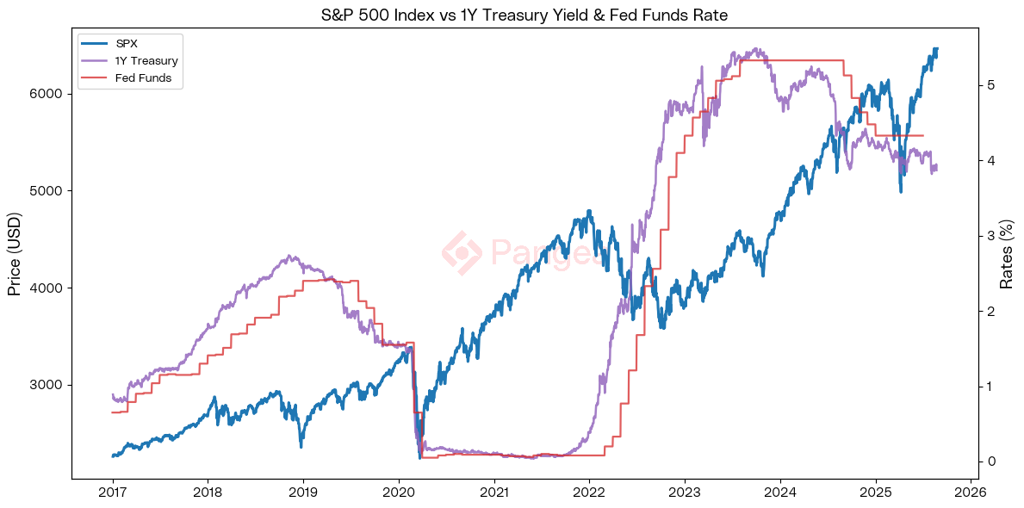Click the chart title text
(512, 15)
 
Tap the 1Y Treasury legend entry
(146, 61)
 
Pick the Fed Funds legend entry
(143, 78)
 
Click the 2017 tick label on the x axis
(112, 493)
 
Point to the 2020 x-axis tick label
(398, 493)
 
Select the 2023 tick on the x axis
(684, 493)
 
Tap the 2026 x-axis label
(970, 493)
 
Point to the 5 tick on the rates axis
(992, 85)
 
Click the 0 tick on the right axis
(992, 462)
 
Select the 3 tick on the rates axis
(992, 236)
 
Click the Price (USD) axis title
(14, 255)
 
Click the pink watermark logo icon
(462, 252)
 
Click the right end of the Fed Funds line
(922, 135)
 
